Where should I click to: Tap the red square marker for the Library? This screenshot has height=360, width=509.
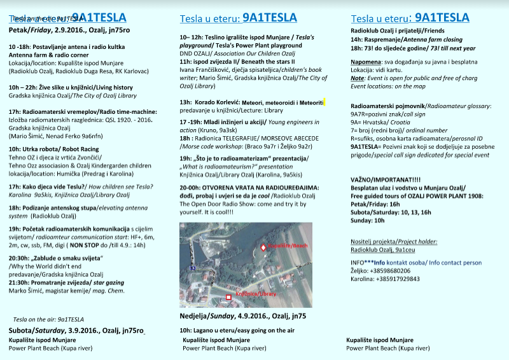tap(229, 297)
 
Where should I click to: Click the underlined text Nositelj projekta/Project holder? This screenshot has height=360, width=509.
tap(394, 242)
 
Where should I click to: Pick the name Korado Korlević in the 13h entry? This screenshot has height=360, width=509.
tap(219, 102)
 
